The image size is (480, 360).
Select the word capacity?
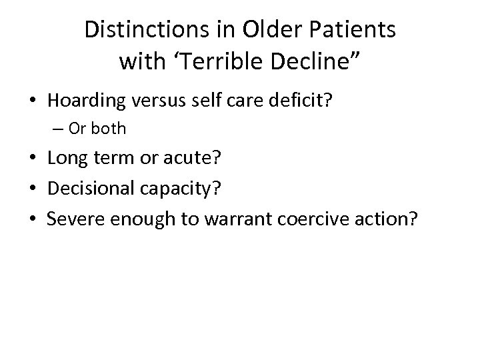tap(187, 188)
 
